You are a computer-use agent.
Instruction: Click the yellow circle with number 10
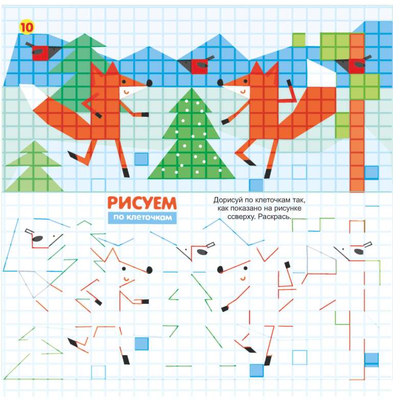(x=26, y=27)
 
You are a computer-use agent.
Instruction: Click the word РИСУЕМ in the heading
(x=142, y=203)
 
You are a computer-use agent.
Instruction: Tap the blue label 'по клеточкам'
(x=142, y=218)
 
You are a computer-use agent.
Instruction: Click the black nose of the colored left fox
(x=149, y=83)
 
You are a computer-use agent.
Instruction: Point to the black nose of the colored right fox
(x=220, y=82)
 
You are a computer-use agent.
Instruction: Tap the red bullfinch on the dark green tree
(x=43, y=51)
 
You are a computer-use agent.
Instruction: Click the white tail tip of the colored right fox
(x=321, y=73)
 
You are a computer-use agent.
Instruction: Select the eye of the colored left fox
(x=124, y=82)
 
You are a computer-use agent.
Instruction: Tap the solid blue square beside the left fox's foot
(x=141, y=159)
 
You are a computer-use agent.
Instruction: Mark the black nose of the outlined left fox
(x=149, y=270)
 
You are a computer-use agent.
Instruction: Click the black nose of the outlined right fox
(x=220, y=270)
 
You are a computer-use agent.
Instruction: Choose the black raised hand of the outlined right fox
(x=288, y=264)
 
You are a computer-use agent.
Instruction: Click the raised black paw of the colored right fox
(x=289, y=83)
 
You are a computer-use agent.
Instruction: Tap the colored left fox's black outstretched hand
(x=145, y=114)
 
